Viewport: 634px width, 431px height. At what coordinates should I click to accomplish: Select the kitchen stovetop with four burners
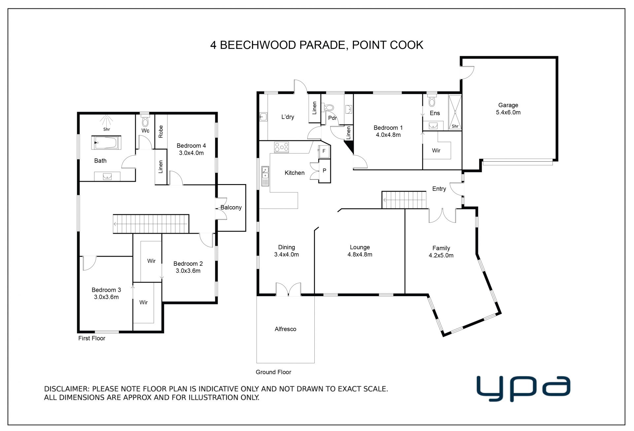point(281,147)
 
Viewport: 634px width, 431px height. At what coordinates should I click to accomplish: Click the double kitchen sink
point(265,176)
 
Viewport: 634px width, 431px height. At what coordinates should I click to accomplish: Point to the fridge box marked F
point(324,151)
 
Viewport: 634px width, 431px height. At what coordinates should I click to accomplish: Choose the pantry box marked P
point(324,171)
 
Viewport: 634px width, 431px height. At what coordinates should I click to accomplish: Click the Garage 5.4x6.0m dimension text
point(508,112)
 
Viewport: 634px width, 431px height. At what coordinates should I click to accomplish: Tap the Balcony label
point(231,207)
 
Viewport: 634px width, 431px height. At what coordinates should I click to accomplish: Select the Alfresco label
point(285,329)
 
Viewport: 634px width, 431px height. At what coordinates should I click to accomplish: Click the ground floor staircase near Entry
point(404,200)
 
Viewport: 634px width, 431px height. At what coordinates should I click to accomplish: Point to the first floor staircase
point(151,224)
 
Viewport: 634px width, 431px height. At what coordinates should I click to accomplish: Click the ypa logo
point(523,388)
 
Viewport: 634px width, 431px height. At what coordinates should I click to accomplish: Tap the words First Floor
point(92,338)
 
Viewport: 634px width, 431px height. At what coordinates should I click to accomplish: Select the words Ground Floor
point(273,372)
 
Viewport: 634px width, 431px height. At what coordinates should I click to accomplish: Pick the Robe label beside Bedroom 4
point(161,132)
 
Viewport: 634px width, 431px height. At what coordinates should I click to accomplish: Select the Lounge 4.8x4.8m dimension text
point(360,255)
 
